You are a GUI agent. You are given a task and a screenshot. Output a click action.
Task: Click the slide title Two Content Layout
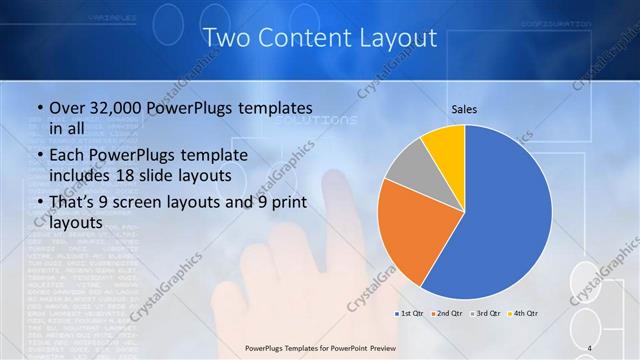click(x=320, y=38)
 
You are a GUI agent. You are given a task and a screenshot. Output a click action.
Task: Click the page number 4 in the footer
click(x=591, y=347)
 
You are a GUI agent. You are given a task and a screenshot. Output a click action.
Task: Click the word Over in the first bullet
click(x=69, y=107)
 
